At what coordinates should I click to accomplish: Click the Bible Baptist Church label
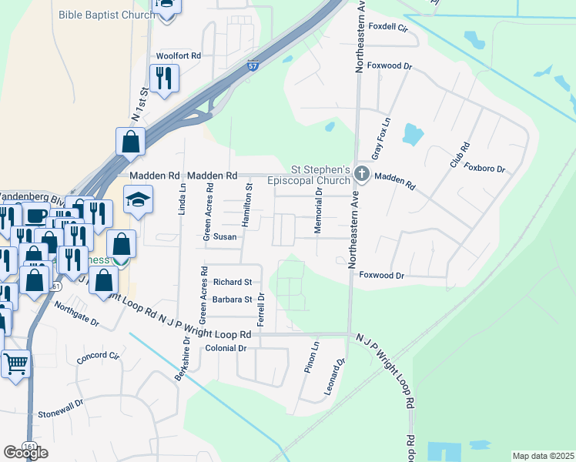(x=105, y=15)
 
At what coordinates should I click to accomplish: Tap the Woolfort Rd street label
(x=178, y=56)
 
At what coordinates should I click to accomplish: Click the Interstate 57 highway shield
(x=253, y=66)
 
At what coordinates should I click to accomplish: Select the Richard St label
(x=233, y=283)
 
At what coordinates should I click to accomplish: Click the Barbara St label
(x=233, y=300)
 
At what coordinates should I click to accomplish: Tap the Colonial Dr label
(x=225, y=349)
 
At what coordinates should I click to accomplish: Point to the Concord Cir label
(x=98, y=356)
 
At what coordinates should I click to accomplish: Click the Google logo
(x=25, y=453)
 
